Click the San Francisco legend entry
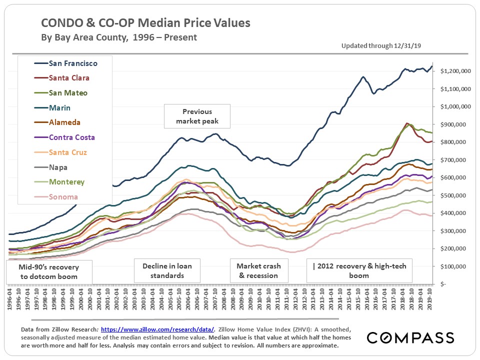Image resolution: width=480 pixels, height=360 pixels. pyautogui.click(x=73, y=63)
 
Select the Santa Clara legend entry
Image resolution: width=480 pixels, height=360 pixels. pyautogui.click(x=69, y=78)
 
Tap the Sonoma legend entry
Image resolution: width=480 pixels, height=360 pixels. pyautogui.click(x=63, y=197)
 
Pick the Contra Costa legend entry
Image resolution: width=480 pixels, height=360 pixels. pyautogui.click(x=71, y=137)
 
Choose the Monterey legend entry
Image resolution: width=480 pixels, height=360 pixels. pyautogui.click(x=66, y=182)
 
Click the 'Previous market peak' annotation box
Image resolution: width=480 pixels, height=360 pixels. pyautogui.click(x=197, y=116)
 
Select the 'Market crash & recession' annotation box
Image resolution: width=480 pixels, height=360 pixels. pyautogui.click(x=258, y=271)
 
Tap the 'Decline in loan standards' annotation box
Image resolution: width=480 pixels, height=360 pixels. pyautogui.click(x=167, y=271)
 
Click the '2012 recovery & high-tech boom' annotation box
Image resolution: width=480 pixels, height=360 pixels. pyautogui.click(x=359, y=271)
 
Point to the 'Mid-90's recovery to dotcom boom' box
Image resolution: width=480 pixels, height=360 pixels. pyautogui.click(x=49, y=271)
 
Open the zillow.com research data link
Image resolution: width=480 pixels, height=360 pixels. pyautogui.click(x=157, y=330)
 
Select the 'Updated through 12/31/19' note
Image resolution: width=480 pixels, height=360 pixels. pyautogui.click(x=381, y=46)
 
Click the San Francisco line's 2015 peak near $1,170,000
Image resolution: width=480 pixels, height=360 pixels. pyautogui.click(x=363, y=77)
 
